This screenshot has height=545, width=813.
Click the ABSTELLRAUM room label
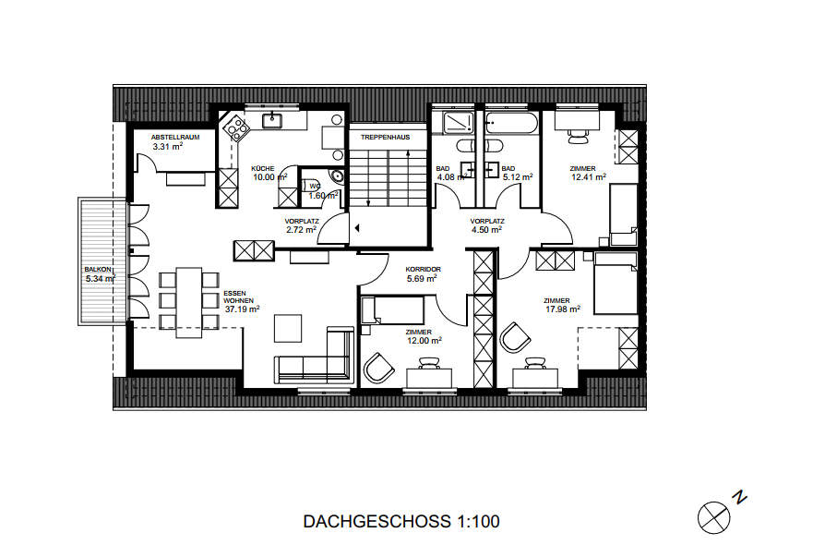click(175, 137)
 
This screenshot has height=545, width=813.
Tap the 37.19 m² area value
click(242, 309)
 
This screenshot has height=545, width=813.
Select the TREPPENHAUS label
click(385, 137)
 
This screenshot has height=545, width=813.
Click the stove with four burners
click(236, 127)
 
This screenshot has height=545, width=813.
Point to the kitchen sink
click(271, 121)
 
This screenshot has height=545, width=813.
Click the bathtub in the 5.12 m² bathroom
click(512, 124)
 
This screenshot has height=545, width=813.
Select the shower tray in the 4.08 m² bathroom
click(459, 123)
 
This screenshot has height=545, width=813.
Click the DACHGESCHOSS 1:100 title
click(401, 521)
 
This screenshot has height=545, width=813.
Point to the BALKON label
click(98, 270)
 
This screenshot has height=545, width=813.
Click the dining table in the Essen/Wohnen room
click(189, 303)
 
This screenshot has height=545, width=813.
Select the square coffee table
click(288, 328)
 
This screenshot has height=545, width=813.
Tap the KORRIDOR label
click(423, 270)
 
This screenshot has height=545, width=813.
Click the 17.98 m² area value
click(563, 309)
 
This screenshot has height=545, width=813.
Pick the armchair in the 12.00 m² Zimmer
click(378, 368)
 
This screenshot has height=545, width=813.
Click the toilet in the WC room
click(337, 176)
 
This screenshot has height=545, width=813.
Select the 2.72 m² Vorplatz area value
click(301, 229)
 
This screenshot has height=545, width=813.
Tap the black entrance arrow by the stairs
click(357, 227)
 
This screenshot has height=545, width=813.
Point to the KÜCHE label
click(263, 169)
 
